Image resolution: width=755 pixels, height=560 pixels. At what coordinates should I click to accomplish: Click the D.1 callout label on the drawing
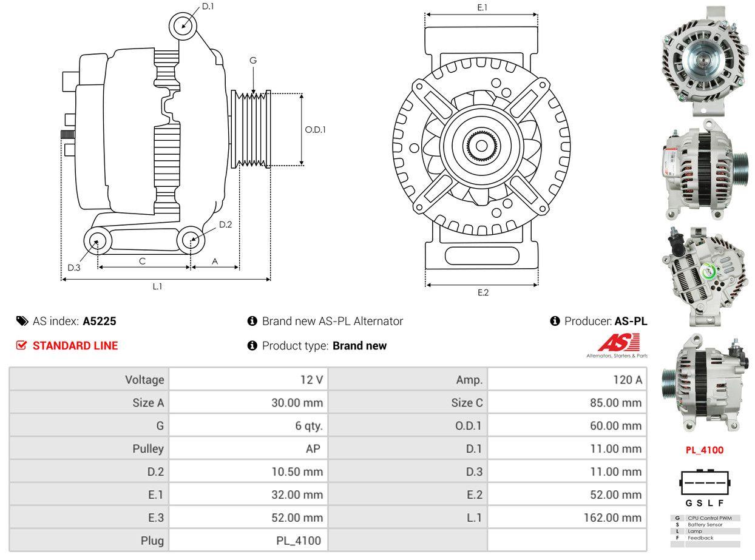(x=208, y=7)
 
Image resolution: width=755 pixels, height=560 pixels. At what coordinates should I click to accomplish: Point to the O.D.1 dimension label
(x=315, y=129)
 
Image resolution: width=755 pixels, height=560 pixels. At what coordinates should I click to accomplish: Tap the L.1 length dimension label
(x=157, y=286)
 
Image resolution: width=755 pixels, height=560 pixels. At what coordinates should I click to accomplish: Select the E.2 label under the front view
(x=482, y=292)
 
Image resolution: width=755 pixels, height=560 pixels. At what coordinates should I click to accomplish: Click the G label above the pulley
(x=253, y=60)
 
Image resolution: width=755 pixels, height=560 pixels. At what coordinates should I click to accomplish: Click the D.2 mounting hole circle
(x=191, y=240)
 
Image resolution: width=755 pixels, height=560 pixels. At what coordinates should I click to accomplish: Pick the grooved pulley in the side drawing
(x=251, y=129)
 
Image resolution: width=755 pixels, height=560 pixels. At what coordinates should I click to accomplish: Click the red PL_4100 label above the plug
(x=704, y=450)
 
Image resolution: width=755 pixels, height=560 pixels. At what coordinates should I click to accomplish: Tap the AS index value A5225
(x=100, y=321)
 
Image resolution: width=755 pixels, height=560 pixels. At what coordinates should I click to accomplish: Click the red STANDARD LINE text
(x=75, y=346)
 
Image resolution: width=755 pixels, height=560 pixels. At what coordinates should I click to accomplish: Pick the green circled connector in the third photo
(x=711, y=272)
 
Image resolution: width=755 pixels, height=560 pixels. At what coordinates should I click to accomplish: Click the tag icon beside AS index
(x=22, y=321)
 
